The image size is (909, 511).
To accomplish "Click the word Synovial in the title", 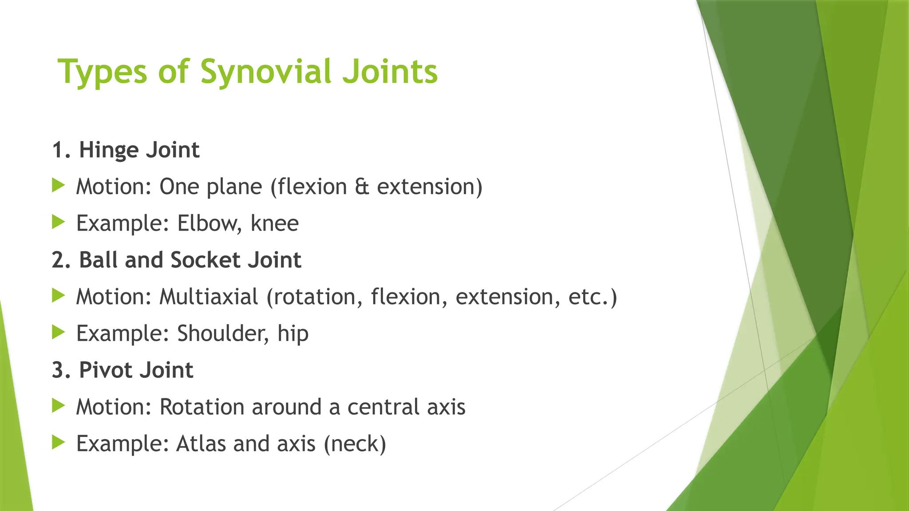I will (x=265, y=72).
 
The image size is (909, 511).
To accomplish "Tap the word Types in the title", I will (x=103, y=72).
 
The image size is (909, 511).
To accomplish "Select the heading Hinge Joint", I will (x=139, y=150).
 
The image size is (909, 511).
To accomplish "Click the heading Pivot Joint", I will (x=136, y=370).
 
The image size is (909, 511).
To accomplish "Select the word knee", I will (x=275, y=223).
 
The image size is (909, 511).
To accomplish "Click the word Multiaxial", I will (x=209, y=297).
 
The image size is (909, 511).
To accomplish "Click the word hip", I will (x=293, y=334).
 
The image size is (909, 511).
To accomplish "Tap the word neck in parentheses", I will (x=355, y=444).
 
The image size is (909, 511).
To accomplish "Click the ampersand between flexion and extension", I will (x=362, y=187).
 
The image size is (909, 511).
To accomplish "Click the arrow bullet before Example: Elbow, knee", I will (x=58, y=222).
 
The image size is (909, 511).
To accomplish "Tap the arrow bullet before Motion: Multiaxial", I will (x=58, y=295).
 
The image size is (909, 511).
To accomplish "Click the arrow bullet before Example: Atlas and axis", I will (x=58, y=442).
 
